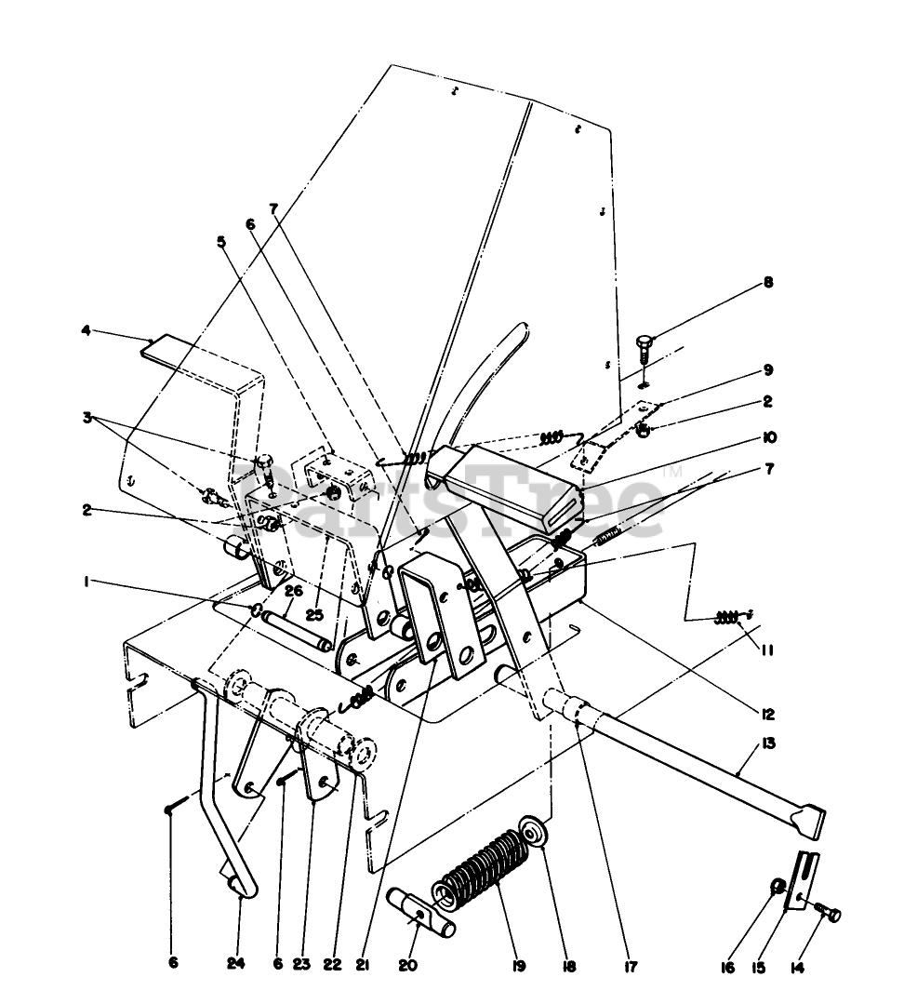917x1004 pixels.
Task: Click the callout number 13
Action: (x=767, y=743)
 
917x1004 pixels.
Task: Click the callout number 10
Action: (x=767, y=437)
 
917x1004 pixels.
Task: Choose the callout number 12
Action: (x=767, y=715)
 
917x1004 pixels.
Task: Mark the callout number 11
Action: (x=767, y=649)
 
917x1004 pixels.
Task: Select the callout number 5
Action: (x=221, y=242)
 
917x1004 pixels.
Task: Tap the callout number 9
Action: (x=767, y=369)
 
